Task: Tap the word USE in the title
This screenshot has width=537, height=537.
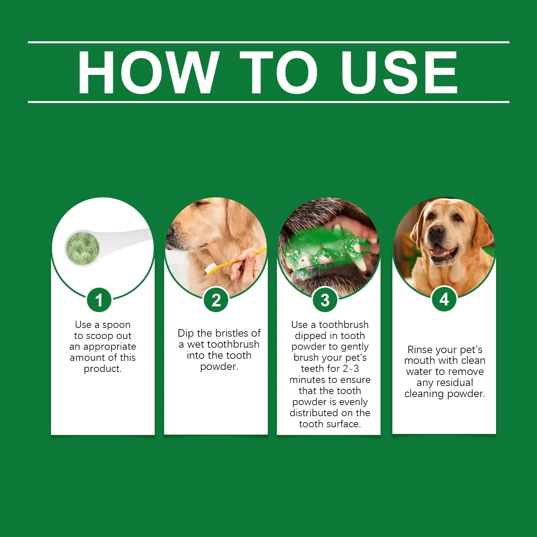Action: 399,72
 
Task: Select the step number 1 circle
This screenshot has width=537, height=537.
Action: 99,300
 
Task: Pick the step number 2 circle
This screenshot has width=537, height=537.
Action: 216,300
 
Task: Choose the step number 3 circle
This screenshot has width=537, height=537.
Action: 325,300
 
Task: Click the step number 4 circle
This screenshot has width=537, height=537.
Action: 444,299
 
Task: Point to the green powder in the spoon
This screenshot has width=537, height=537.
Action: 82,248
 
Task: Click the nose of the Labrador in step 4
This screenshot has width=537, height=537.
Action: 436,231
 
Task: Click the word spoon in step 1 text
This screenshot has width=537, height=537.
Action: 116,325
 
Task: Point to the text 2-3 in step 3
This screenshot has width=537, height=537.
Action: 351,369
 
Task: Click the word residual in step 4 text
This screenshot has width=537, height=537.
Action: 455,382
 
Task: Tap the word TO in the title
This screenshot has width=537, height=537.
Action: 279,72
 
